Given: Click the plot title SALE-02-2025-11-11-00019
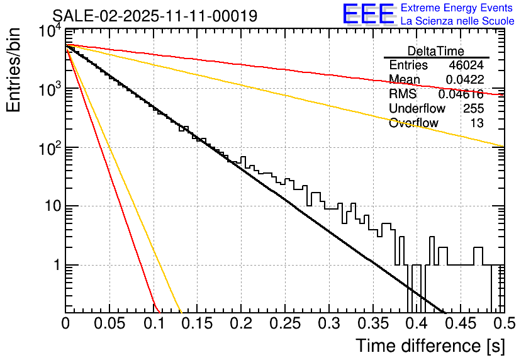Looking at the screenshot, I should click(154, 16).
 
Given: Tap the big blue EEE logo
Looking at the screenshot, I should click(368, 14).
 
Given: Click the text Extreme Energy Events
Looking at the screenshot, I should click(457, 8).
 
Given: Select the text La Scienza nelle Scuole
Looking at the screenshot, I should click(457, 21).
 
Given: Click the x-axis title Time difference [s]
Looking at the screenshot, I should click(430, 346).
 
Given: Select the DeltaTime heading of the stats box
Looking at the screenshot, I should click(436, 51).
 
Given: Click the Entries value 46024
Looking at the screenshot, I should click(466, 65).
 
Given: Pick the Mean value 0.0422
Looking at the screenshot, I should click(465, 80).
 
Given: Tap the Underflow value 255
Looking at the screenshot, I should click(473, 109).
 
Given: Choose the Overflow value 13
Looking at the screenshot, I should click(477, 123).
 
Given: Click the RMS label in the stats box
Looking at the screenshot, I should click(403, 94).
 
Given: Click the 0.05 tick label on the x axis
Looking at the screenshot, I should click(109, 324).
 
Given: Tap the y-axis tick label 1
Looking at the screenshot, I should click(55, 265).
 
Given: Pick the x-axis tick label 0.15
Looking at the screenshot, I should click(197, 324).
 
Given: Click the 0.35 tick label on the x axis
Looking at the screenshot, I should click(372, 324).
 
